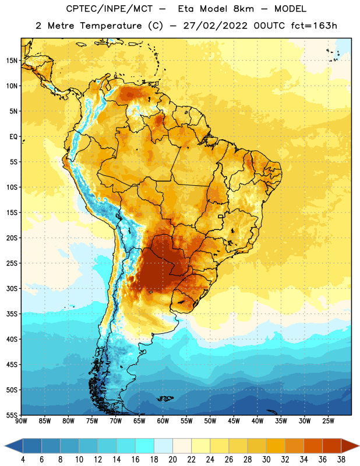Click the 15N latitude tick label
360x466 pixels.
[12, 61]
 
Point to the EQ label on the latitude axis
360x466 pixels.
[13, 137]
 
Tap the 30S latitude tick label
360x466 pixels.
[12, 288]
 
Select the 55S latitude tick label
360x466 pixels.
[12, 415]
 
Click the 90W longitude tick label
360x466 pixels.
[21, 421]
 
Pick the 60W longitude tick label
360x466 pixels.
[163, 421]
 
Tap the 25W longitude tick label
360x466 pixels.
[328, 421]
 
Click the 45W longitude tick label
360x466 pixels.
[234, 421]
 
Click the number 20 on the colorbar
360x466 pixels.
[172, 460]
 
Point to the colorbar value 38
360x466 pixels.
[341, 460]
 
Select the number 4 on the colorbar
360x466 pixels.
[23, 460]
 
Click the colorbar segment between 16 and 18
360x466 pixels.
[145, 446]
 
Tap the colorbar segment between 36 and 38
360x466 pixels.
[332, 446]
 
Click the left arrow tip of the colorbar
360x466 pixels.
[5, 446]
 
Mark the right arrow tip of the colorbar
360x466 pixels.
[359, 446]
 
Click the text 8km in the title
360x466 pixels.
[243, 9]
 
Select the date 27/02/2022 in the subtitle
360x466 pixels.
[215, 26]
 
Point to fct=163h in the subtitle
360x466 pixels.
[314, 26]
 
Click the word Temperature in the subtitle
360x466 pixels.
[111, 26]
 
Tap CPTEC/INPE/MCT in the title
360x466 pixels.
[109, 9]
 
